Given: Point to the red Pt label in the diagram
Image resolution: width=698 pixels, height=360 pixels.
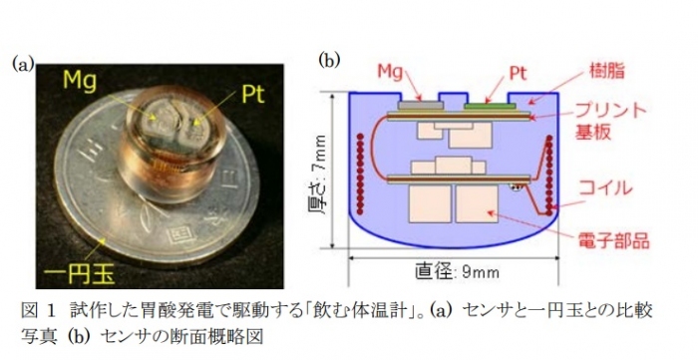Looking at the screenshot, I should click(x=518, y=72).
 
